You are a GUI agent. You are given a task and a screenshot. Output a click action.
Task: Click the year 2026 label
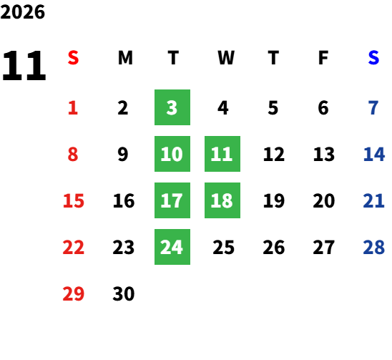point(22,12)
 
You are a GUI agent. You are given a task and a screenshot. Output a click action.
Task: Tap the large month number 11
point(24,66)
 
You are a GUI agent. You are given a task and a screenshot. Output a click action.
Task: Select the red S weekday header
point(73,58)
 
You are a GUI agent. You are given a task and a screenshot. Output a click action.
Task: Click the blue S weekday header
point(373,58)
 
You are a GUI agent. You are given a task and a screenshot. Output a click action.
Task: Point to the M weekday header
point(125,58)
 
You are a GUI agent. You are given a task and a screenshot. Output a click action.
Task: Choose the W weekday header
point(226,58)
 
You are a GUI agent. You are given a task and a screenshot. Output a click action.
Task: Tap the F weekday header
point(323,58)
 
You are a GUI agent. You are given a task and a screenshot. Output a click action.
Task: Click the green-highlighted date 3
point(172,107)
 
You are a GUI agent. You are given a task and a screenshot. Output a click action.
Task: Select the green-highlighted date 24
point(172,247)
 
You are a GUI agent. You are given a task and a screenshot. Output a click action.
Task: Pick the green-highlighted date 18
point(222,200)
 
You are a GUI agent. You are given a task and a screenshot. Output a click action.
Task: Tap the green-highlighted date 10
point(172,154)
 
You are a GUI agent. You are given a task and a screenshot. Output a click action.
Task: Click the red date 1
point(73,108)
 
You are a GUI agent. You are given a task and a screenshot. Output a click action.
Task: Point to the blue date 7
point(373,108)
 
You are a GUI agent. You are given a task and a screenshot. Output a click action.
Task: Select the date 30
point(124,293)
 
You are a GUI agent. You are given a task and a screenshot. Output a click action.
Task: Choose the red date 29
point(73,293)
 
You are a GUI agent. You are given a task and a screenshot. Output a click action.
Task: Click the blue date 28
point(373,248)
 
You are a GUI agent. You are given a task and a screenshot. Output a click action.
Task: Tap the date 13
point(324,154)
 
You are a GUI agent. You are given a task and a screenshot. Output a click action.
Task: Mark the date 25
point(223,248)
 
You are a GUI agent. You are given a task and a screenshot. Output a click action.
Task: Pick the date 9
point(123,154)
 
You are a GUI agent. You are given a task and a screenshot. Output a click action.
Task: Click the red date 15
point(74,200)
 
